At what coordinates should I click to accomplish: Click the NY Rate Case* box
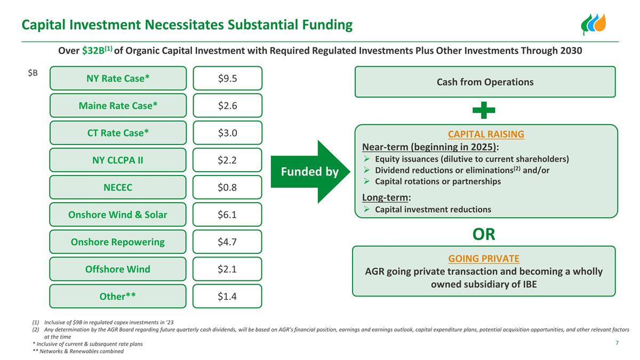point(118,78)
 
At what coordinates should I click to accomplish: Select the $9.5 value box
point(227,78)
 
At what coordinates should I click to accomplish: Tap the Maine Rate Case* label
point(118,106)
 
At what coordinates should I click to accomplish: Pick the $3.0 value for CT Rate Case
point(227,133)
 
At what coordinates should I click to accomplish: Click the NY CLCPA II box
point(118,160)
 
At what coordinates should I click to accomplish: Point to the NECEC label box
point(118,187)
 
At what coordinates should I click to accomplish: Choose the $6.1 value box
point(227,214)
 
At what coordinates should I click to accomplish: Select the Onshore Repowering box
point(118,242)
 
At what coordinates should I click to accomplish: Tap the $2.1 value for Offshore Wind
point(227,269)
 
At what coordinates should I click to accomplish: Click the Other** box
point(118,296)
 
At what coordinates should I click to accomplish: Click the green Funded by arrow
point(309,172)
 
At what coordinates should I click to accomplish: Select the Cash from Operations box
point(485,82)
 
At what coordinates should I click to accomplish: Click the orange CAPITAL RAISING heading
point(485,134)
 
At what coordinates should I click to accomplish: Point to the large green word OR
point(484,234)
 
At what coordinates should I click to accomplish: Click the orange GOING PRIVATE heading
point(484,259)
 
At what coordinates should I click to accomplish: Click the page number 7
point(617,342)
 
